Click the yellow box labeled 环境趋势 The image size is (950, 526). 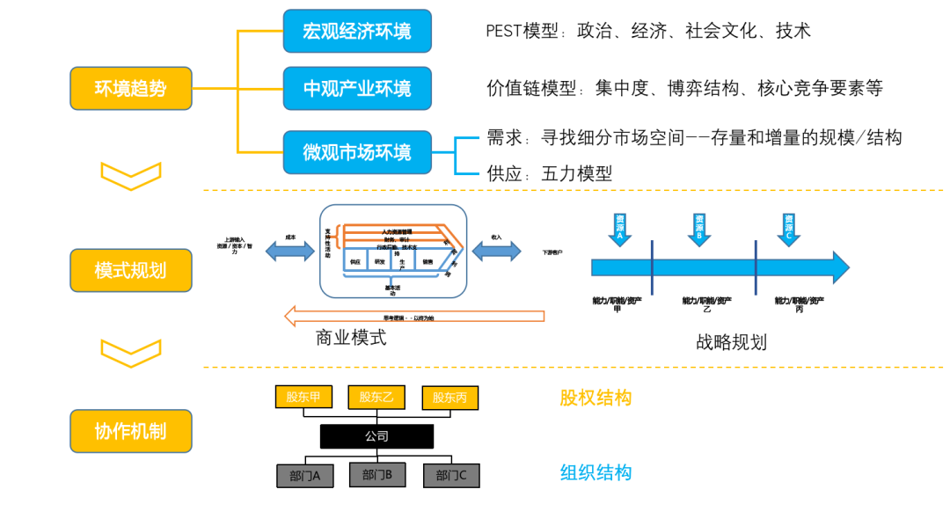click(130, 88)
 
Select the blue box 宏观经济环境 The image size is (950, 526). click(357, 32)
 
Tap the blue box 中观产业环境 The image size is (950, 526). click(357, 88)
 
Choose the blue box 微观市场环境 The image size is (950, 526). click(357, 152)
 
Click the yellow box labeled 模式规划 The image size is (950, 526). click(130, 269)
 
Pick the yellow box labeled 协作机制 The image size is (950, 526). click(130, 431)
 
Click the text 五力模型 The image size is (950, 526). click(576, 173)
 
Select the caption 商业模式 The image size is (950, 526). click(351, 338)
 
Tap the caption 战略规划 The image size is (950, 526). click(731, 341)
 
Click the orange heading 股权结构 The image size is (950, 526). click(596, 398)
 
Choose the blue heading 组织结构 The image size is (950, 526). click(596, 472)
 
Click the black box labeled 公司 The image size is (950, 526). click(376, 436)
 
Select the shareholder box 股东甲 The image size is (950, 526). click(303, 397)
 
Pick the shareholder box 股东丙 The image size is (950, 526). click(449, 398)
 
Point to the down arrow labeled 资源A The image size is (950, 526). click(620, 229)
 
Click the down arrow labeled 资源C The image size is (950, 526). click(789, 229)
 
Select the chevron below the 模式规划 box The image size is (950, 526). click(130, 352)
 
